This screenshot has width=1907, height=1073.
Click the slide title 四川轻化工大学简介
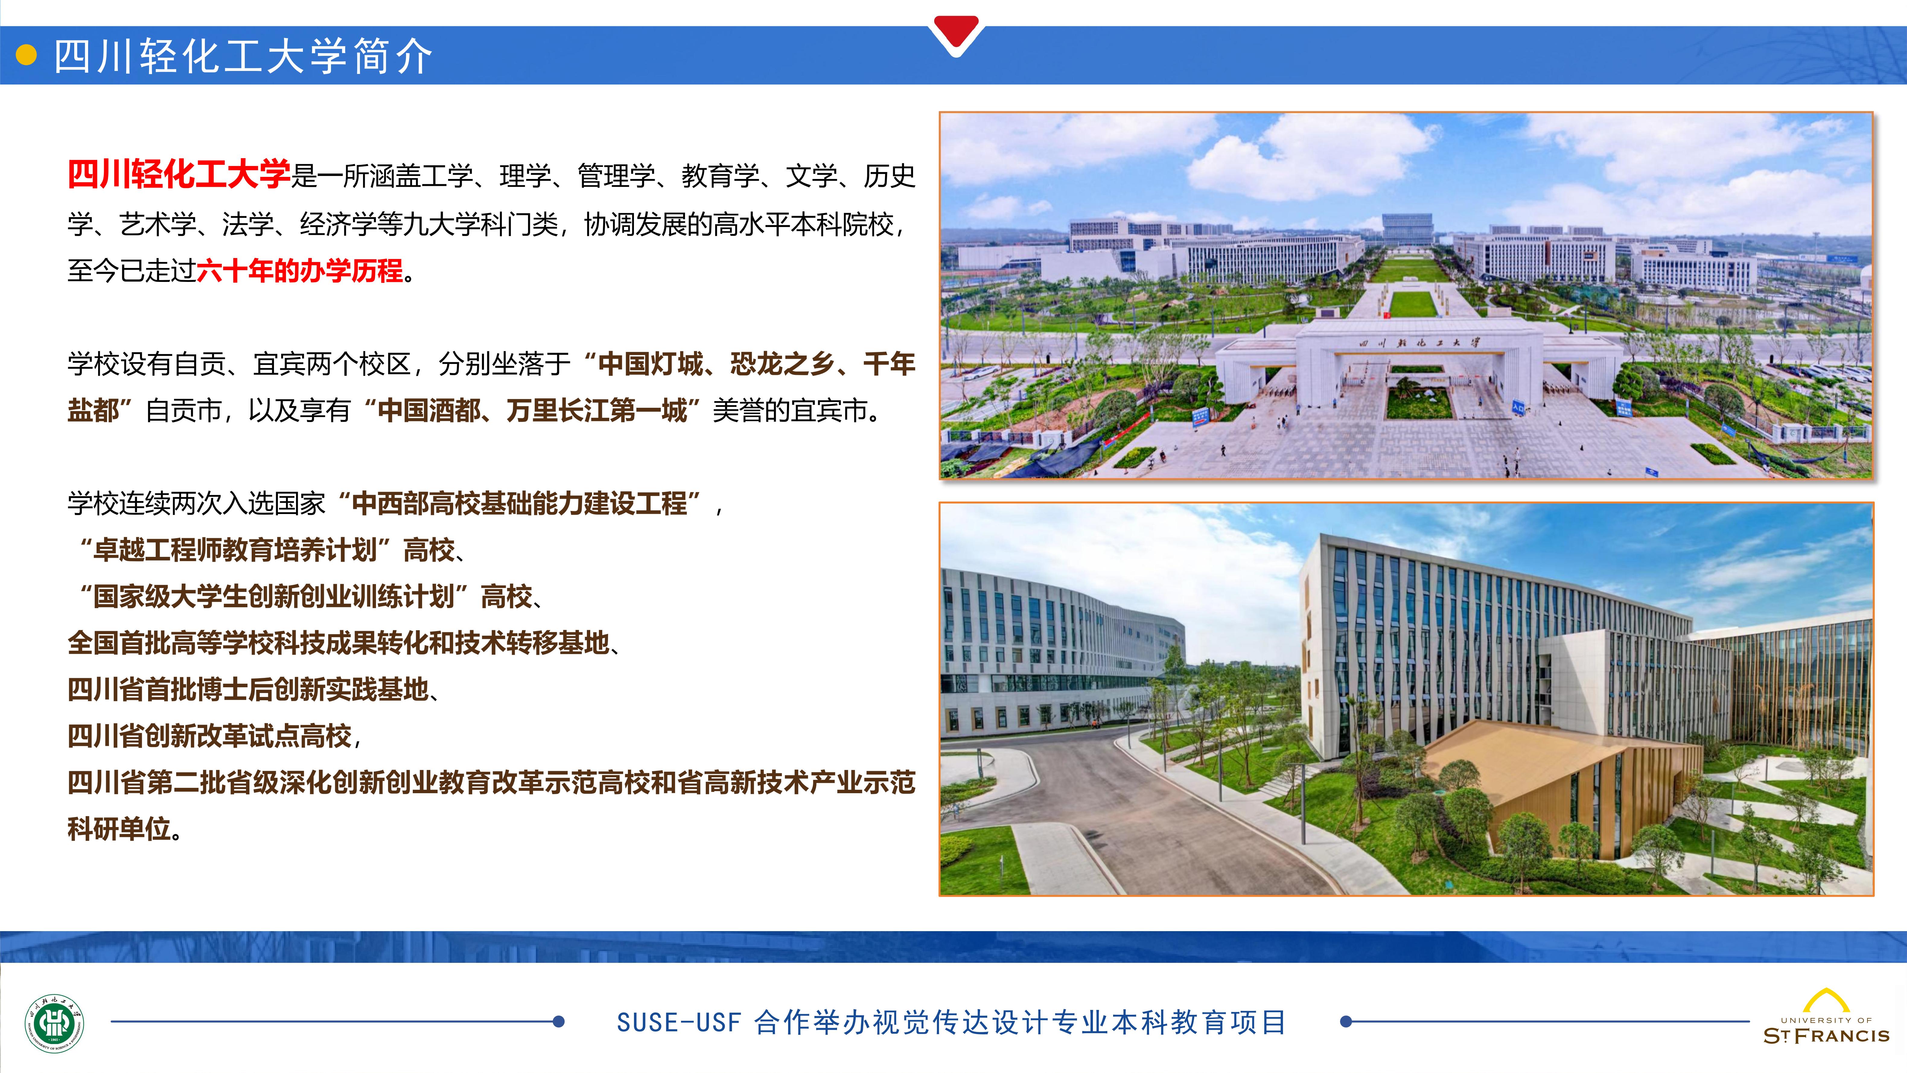point(243,56)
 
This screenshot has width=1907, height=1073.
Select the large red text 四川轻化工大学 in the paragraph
point(178,175)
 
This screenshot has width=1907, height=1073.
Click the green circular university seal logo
point(55,1024)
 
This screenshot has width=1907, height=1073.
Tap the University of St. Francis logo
point(1826,1017)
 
